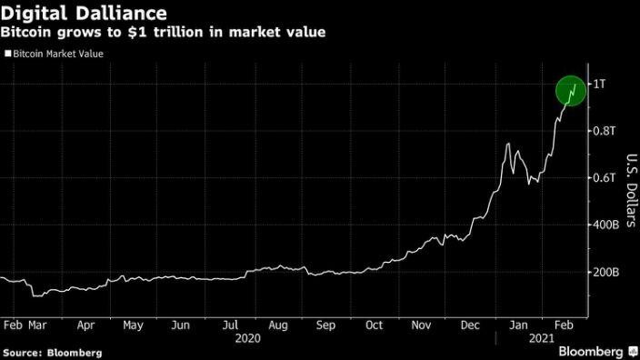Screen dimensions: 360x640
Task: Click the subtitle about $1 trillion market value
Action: [165, 33]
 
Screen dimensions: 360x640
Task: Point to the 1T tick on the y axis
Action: [601, 84]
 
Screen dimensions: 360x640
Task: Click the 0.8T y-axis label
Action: [606, 131]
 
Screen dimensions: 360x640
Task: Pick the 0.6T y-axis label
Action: [606, 177]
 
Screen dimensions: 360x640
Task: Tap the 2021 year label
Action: [543, 336]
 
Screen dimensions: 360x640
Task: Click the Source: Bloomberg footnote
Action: [52, 351]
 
